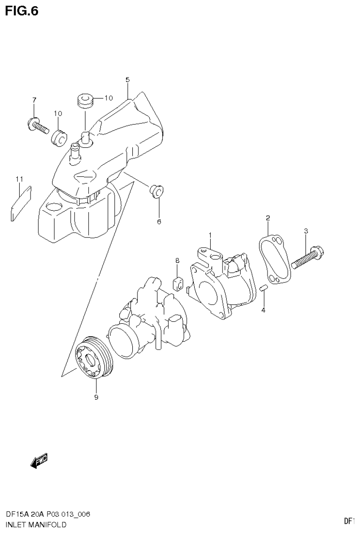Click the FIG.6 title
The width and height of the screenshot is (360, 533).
point(21,10)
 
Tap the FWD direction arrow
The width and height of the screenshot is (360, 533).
point(39,461)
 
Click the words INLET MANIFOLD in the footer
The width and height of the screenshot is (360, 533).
point(36,524)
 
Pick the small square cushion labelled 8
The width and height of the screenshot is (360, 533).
point(178,283)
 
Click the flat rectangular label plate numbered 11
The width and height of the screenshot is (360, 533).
point(20,202)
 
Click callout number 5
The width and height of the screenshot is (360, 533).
point(127,80)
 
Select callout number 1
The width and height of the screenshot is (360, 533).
point(210,235)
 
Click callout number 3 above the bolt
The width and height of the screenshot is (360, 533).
point(306,230)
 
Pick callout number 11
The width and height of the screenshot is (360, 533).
point(19,179)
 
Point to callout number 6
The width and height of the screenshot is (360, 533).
point(159,221)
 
